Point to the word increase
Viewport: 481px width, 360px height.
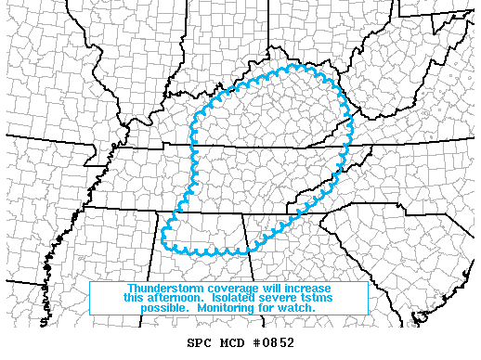click(310, 288)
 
